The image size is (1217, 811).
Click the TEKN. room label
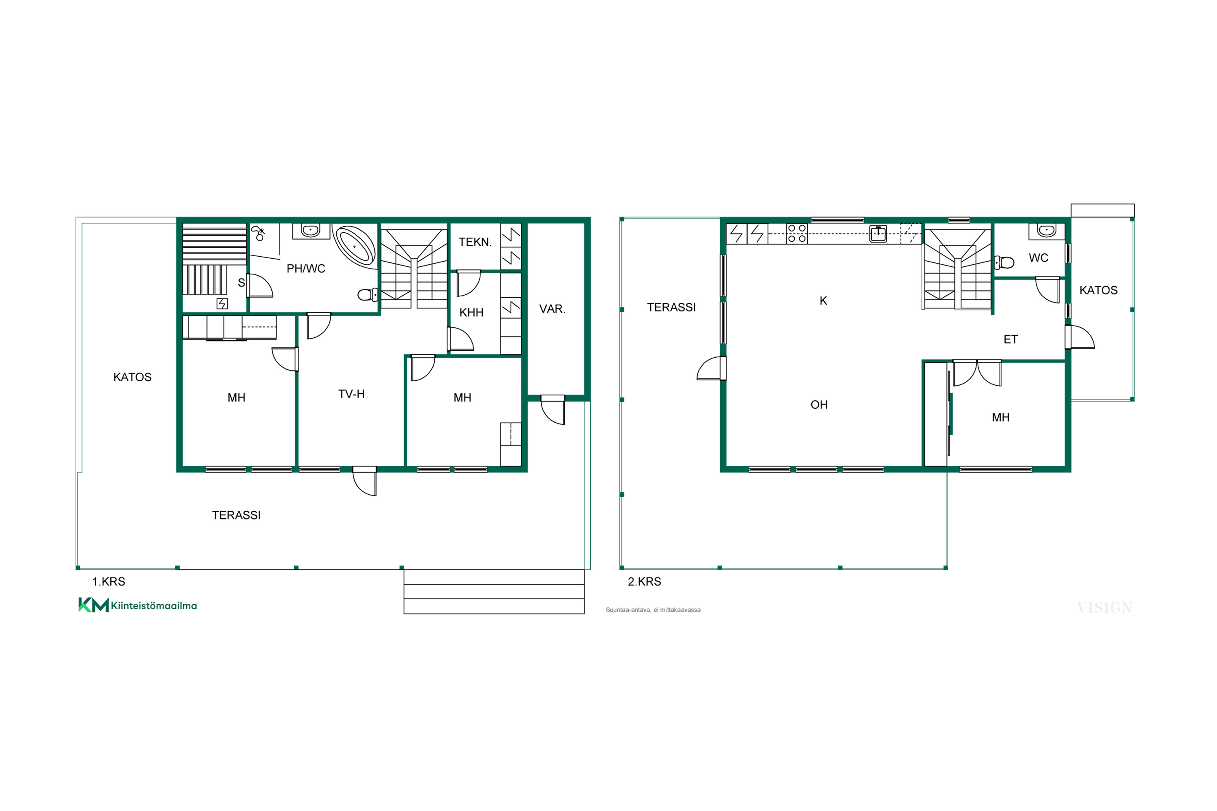click(x=475, y=242)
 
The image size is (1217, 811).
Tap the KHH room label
click(x=471, y=312)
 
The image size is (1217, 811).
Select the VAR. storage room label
click(x=552, y=309)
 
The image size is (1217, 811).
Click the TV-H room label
click(x=351, y=394)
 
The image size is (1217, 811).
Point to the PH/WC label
click(x=306, y=268)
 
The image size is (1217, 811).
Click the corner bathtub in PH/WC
click(x=355, y=246)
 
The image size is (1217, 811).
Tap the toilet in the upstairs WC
click(x=1004, y=263)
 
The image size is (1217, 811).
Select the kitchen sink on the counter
click(x=878, y=234)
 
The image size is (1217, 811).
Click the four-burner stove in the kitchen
click(x=797, y=233)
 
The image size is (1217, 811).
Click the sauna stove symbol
click(x=222, y=304)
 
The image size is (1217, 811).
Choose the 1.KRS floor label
click(x=109, y=581)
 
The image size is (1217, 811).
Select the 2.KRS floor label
click(x=644, y=581)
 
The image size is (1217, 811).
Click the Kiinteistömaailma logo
click(x=138, y=605)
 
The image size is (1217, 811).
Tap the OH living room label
click(x=819, y=404)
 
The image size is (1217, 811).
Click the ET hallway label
click(x=1011, y=339)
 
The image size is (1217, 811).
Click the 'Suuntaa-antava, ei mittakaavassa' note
click(x=653, y=610)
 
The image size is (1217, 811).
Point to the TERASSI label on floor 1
click(x=236, y=515)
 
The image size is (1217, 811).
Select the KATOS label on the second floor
click(x=1099, y=290)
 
